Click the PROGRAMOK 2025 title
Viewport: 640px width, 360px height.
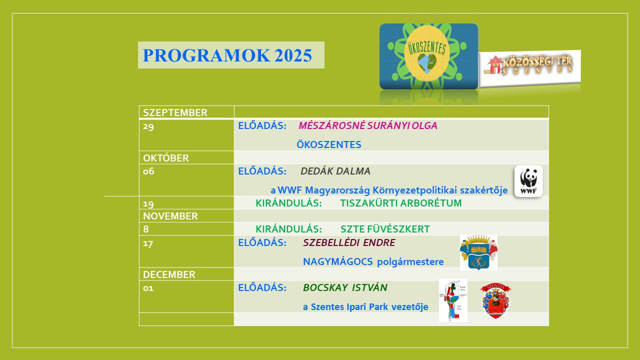[x=227, y=55]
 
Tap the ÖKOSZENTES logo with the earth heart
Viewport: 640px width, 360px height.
[x=428, y=56]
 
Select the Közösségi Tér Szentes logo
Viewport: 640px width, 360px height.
[x=530, y=68]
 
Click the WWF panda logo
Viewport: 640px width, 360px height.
[x=528, y=181]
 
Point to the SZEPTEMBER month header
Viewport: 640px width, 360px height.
[x=175, y=112]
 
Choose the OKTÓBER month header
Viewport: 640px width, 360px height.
[x=166, y=158]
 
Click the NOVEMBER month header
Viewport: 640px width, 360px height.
[x=170, y=216]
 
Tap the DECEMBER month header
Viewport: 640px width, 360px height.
[x=169, y=274]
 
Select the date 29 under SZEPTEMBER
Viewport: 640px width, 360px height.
[x=148, y=126]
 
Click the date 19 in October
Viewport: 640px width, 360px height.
[x=148, y=204]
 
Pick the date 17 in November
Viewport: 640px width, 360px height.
[x=148, y=243]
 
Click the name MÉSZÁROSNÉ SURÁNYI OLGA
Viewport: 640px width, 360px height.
[x=367, y=125]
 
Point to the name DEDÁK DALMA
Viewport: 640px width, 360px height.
[x=335, y=171]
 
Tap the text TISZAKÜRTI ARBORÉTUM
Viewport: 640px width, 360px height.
[x=401, y=203]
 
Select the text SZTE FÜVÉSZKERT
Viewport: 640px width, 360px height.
[x=385, y=229]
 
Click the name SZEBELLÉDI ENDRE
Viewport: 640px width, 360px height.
[x=349, y=242]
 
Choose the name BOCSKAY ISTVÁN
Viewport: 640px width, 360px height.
[x=345, y=287]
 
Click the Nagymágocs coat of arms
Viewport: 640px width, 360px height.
[x=478, y=252]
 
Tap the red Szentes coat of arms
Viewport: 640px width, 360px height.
[x=495, y=301]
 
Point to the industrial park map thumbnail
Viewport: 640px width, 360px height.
[x=453, y=300]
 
